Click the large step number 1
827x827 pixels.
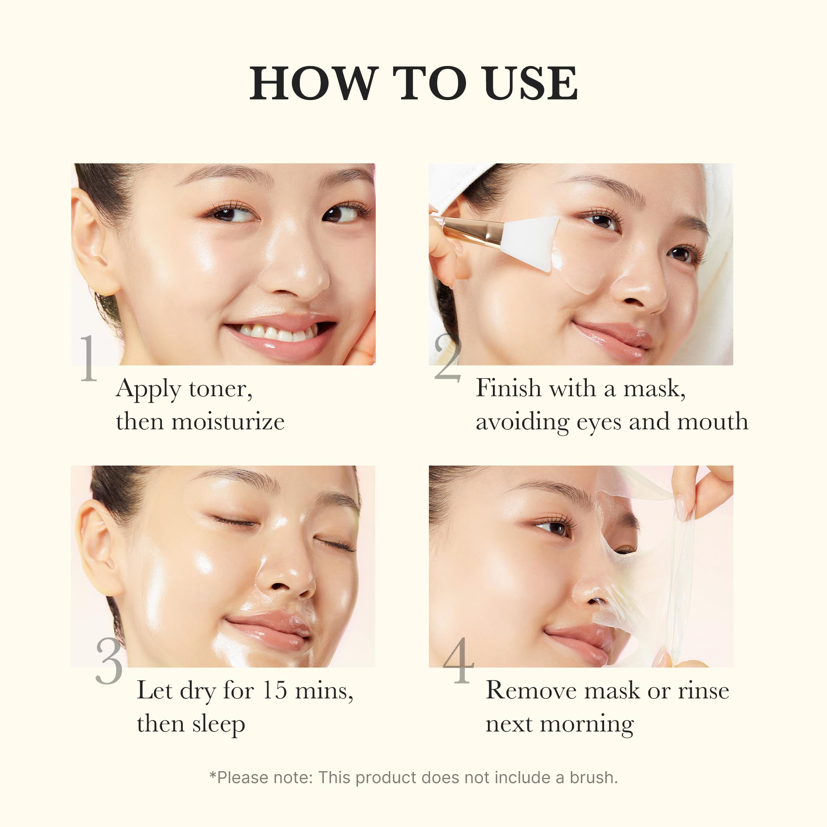pos(88,359)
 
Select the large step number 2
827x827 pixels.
pos(447,359)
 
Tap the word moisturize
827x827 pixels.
pos(228,422)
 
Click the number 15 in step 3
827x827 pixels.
pos(274,691)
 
